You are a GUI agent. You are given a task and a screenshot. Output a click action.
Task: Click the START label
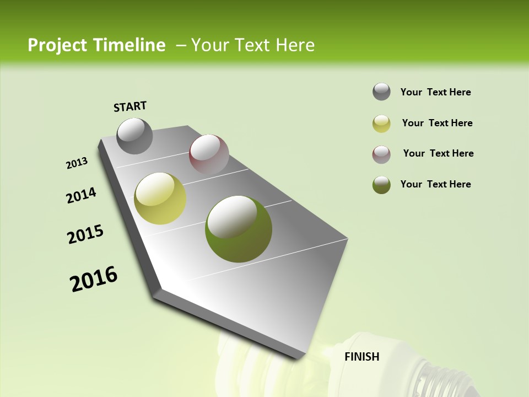point(130,106)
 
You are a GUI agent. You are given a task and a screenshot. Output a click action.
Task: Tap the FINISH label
point(361,357)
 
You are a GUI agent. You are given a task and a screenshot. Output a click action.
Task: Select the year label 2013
point(77,163)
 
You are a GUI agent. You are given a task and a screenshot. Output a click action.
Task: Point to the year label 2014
point(82,195)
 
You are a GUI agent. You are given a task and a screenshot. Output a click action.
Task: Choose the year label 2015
point(85,234)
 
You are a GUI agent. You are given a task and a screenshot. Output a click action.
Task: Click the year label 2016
point(94,278)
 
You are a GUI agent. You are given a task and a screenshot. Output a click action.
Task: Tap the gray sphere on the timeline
point(134,136)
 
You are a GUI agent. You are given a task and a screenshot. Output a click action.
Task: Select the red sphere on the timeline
point(209,154)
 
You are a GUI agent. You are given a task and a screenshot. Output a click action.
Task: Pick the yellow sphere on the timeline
point(160,198)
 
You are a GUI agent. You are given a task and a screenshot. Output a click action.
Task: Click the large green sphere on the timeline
point(238,229)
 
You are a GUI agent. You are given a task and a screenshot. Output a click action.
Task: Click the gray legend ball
point(381,92)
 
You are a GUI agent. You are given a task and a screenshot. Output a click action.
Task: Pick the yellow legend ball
point(381,124)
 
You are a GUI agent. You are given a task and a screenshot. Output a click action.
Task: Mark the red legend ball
point(381,154)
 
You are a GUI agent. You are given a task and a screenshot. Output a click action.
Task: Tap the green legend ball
point(381,185)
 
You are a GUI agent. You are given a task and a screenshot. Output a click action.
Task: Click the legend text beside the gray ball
point(435,92)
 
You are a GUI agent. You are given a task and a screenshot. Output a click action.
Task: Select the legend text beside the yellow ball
point(437,123)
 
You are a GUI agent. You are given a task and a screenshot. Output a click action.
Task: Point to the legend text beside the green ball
point(435,184)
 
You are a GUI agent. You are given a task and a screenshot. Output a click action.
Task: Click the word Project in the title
point(57,45)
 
